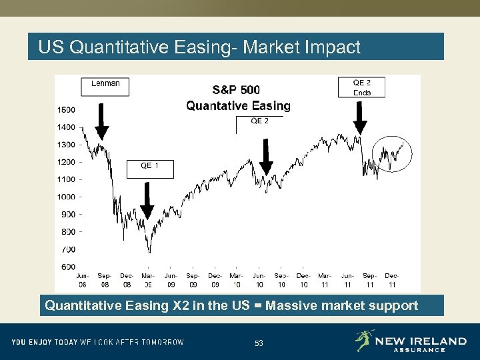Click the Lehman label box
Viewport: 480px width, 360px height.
pos(105,85)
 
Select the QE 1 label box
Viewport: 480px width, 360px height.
pos(149,168)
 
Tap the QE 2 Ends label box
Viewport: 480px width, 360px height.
pos(362,87)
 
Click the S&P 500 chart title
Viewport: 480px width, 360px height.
pos(237,90)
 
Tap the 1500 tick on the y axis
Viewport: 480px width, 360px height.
pos(66,109)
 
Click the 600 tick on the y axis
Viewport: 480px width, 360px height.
pos(68,267)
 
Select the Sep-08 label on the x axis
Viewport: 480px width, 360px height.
pos(105,279)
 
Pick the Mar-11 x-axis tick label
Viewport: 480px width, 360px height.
pos(325,279)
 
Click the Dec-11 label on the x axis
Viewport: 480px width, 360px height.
pos(391,279)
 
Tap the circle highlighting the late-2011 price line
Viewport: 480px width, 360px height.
pos(392,155)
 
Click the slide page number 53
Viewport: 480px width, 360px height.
pos(259,343)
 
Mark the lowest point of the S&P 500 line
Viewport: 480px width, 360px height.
pos(149,252)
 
